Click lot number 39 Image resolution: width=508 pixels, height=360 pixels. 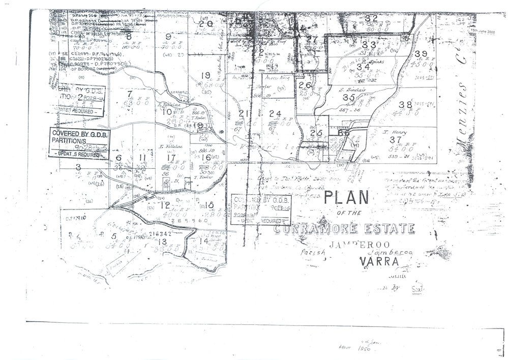pos(421,54)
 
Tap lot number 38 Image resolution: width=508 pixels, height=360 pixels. pos(405,105)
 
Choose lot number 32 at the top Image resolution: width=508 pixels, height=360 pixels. pos(371,18)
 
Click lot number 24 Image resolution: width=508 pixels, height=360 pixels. pos(275,113)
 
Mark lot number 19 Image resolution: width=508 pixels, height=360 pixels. pos(205,76)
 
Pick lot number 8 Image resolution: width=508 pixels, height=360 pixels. pos(129,36)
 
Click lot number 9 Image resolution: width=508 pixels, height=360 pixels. pos(169,36)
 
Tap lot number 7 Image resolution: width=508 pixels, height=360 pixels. pos(130,93)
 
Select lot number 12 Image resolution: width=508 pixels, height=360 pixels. pos(164,205)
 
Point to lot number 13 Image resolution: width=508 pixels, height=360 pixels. pos(163,242)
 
